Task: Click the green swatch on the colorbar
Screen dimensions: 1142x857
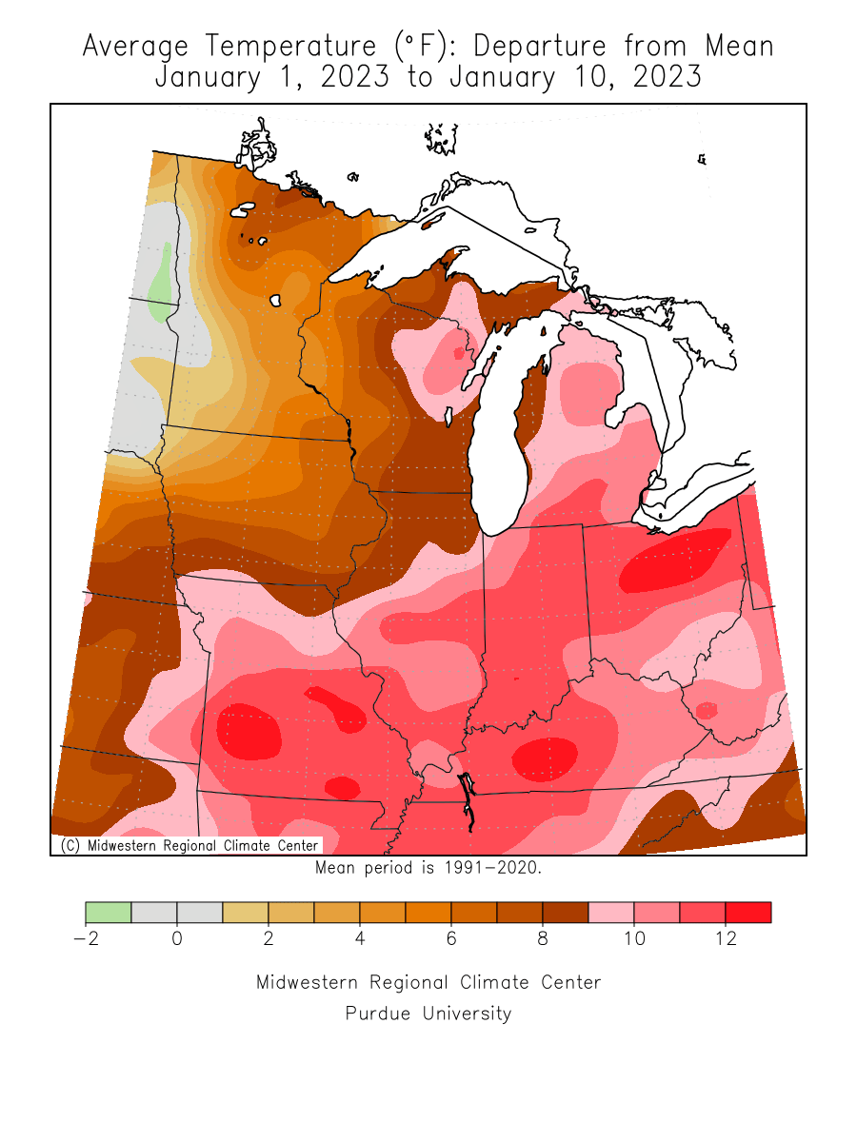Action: [109, 913]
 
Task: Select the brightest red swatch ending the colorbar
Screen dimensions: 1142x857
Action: [748, 913]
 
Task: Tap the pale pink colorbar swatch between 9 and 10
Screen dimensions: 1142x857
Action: [611, 913]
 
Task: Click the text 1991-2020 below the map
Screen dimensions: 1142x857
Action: [495, 868]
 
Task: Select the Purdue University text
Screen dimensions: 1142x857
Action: [428, 1014]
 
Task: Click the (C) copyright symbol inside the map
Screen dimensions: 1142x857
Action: [69, 845]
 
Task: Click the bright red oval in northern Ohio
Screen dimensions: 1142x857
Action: [674, 561]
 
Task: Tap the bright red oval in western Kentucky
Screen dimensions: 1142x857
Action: [544, 758]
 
